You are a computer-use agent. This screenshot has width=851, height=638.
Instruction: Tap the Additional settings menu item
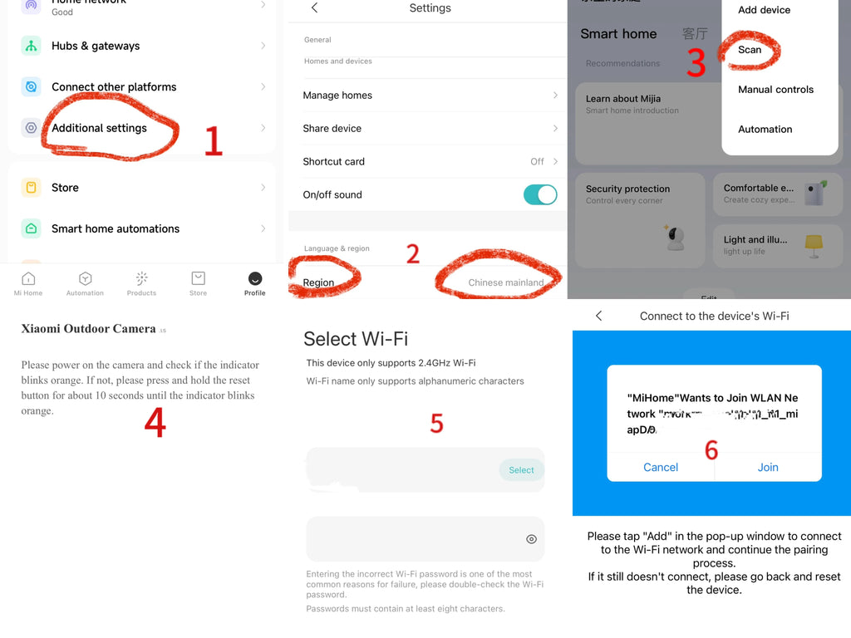[99, 128]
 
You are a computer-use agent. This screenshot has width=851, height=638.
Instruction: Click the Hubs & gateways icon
[31, 46]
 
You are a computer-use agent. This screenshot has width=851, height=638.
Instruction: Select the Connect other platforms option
[114, 86]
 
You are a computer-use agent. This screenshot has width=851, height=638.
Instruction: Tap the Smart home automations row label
[116, 228]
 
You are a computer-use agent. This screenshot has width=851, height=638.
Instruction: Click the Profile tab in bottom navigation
[255, 282]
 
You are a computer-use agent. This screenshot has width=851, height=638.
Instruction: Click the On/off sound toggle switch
[540, 194]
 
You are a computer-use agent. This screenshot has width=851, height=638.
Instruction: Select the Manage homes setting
[337, 96]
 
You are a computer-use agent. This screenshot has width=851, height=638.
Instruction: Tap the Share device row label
[332, 129]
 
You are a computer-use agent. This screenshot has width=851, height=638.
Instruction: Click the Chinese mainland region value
[505, 282]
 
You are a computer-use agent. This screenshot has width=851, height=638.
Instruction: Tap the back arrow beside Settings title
[314, 8]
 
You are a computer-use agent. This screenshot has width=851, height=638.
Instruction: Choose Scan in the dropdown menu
[750, 50]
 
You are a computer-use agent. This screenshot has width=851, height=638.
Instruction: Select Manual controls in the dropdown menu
[775, 90]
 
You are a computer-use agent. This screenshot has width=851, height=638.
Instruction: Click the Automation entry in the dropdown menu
[765, 130]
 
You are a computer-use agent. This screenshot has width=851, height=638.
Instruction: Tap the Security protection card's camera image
[676, 238]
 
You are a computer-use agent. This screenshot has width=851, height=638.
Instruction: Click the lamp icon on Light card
[814, 243]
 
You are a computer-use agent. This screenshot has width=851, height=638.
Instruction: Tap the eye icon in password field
[531, 539]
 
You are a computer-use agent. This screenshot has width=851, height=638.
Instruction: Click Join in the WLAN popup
[768, 467]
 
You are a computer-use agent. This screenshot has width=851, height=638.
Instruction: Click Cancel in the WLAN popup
[661, 467]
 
